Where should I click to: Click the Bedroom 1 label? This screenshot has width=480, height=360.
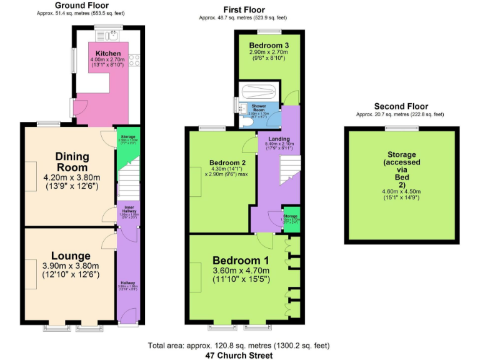(241, 261)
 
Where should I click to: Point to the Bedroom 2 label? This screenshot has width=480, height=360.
(223, 162)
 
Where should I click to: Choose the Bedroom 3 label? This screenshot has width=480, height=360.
(267, 46)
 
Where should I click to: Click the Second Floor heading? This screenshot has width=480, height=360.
(399, 107)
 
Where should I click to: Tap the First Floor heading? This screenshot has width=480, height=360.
(244, 10)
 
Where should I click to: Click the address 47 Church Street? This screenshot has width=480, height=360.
(239, 355)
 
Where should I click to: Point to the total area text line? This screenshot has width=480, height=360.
(239, 346)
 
